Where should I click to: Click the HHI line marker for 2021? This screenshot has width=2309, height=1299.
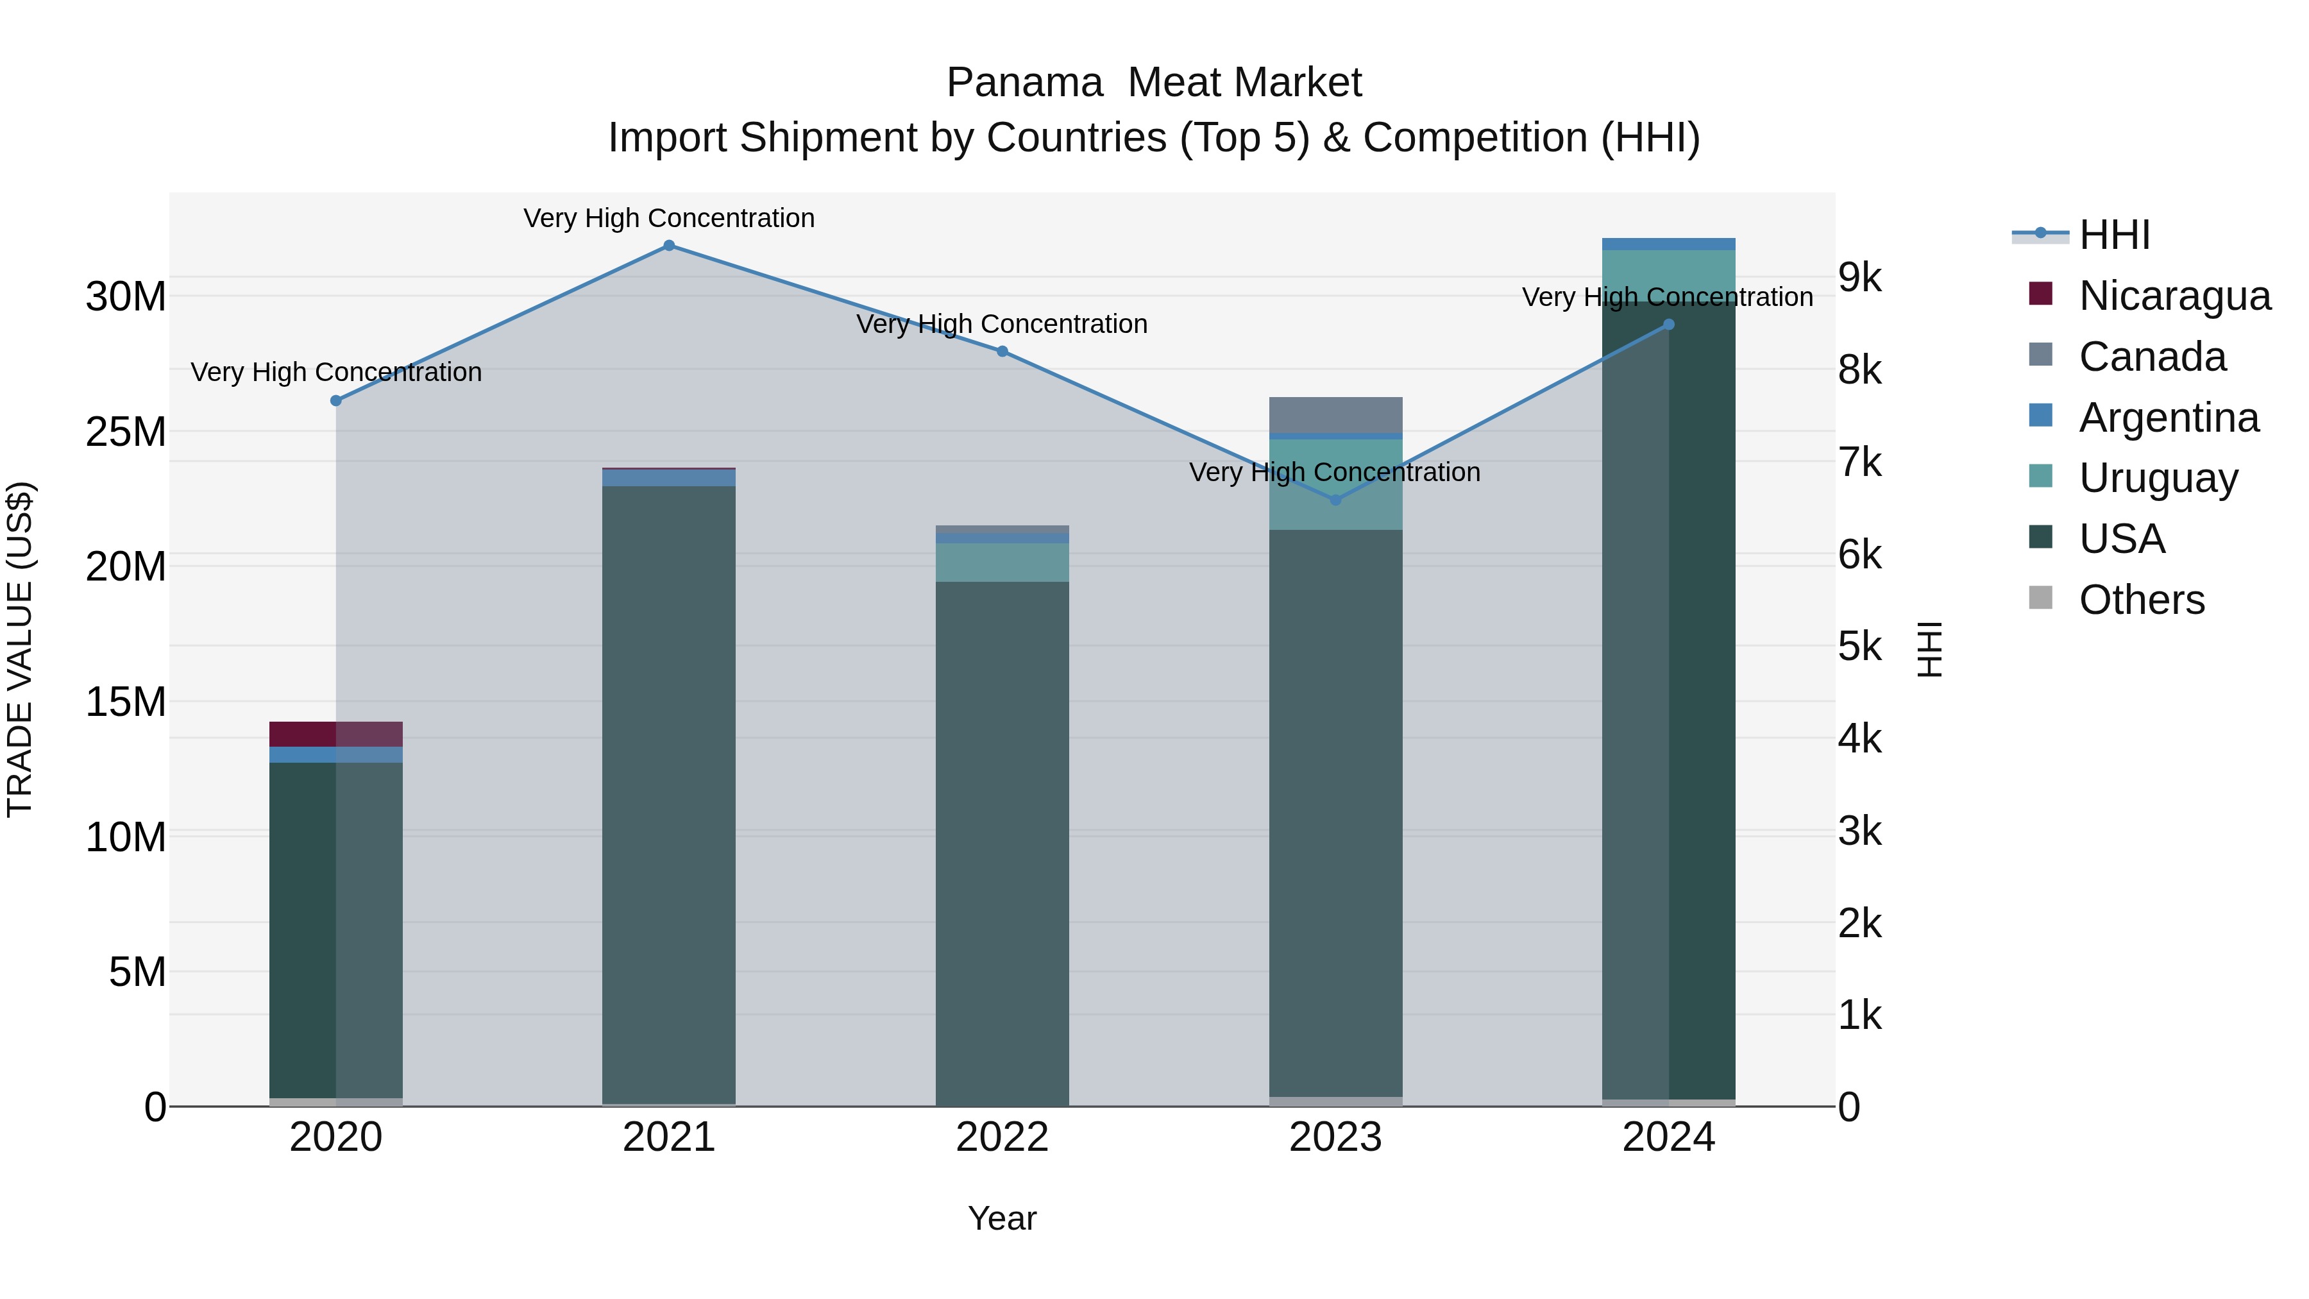click(669, 246)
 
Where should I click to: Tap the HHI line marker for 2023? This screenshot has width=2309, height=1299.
click(1335, 500)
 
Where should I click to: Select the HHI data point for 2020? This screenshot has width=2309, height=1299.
click(336, 401)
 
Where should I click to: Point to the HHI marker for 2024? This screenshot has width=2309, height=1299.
click(1668, 325)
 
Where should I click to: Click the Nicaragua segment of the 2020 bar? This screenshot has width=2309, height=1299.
click(336, 734)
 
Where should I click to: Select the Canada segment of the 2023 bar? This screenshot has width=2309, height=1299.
click(1335, 415)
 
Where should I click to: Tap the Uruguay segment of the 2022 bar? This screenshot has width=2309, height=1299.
click(1002, 562)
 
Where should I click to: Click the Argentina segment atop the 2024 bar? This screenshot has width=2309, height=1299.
click(1668, 244)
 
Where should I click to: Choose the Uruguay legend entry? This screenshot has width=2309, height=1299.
click(2158, 478)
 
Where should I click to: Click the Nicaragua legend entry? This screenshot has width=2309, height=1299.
click(2174, 296)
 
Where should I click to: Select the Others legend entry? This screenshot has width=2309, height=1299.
click(2142, 600)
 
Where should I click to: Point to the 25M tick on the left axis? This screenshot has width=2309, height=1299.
click(126, 432)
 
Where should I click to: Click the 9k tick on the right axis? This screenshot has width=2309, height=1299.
click(1860, 278)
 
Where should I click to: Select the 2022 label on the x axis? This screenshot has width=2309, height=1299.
click(1002, 1137)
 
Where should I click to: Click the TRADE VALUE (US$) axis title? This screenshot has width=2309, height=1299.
click(20, 649)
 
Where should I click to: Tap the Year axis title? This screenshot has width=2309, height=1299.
click(1002, 1218)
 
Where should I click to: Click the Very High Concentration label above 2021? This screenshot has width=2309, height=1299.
click(669, 218)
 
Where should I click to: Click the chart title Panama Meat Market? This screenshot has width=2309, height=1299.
click(1154, 83)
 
